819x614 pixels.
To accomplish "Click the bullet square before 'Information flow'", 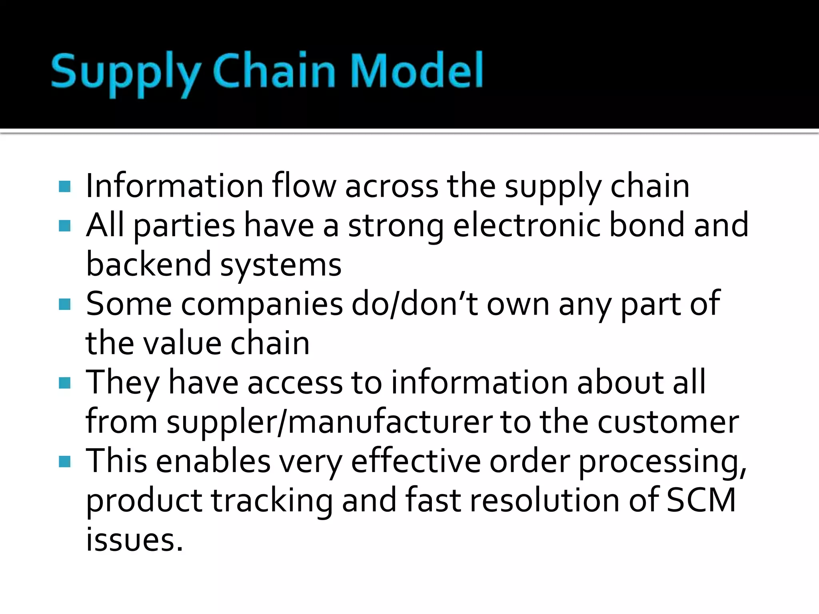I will click(x=64, y=187).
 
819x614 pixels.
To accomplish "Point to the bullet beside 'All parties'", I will click(x=64, y=226).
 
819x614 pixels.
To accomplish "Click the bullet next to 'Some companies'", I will click(x=64, y=305).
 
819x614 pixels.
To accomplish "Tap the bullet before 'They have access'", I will click(x=64, y=383).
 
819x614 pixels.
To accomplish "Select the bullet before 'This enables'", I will click(x=64, y=462).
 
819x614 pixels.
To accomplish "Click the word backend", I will click(x=148, y=264).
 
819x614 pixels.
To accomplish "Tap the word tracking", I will click(x=272, y=500).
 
